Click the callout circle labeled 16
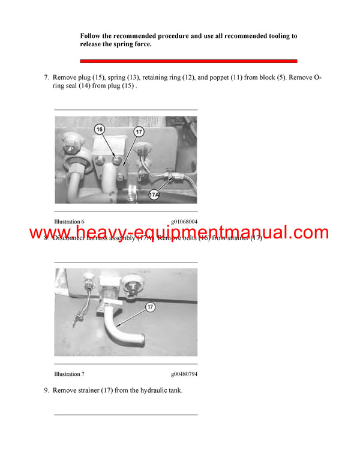(x=100, y=129)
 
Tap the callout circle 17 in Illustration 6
(x=138, y=132)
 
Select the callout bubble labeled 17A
(x=154, y=195)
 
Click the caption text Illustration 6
(x=69, y=222)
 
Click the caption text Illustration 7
(x=69, y=374)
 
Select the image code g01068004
(x=184, y=222)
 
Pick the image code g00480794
(x=184, y=374)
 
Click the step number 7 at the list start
(x=46, y=78)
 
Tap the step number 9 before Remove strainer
(x=46, y=390)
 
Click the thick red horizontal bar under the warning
(x=189, y=61)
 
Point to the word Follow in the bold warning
(x=90, y=36)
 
